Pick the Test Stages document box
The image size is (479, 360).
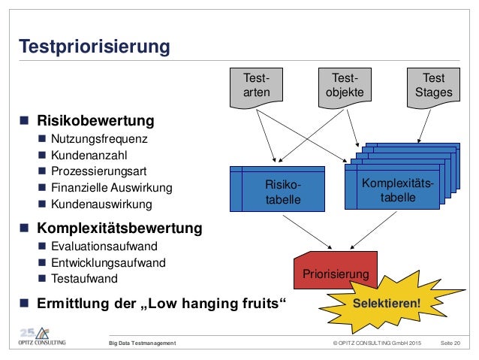[x=433, y=86]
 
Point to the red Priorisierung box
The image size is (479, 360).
[x=336, y=275]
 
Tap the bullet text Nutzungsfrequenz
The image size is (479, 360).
[x=99, y=138]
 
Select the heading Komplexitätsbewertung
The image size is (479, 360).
[x=120, y=226]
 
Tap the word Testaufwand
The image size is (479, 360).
[x=85, y=279]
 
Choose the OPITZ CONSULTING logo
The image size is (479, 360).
[x=43, y=337]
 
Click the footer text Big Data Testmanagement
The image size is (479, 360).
[x=142, y=343]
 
